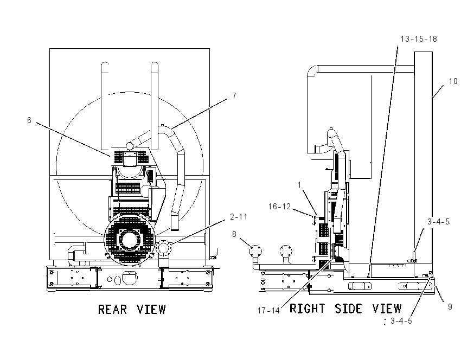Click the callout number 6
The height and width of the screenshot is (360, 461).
[29, 120]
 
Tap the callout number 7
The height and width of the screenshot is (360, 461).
[234, 96]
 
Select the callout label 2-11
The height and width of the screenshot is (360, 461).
[239, 217]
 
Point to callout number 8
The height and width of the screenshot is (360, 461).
[234, 234]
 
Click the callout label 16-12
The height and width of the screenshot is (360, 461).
[279, 207]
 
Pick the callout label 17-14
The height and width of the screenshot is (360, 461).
[268, 311]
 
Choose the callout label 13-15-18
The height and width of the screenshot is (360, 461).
[419, 39]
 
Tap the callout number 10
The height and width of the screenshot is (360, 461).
[453, 81]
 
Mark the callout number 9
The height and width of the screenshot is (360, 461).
[450, 307]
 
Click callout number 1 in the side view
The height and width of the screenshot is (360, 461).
[299, 185]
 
